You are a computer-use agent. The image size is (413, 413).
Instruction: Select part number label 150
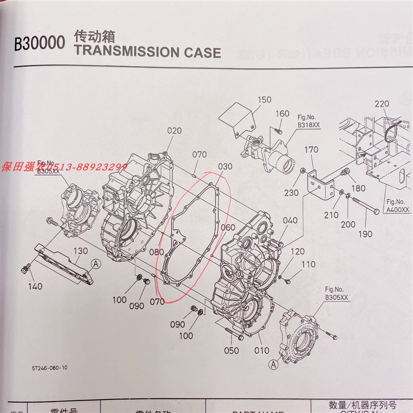[x=264, y=100]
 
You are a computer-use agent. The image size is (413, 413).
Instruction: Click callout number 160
[x=282, y=114]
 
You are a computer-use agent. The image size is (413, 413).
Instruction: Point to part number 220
[x=382, y=104]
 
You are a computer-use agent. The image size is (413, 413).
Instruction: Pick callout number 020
[x=174, y=131]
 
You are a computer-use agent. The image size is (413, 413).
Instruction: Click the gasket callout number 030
[x=225, y=167]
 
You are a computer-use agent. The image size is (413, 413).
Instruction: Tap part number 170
[x=311, y=150]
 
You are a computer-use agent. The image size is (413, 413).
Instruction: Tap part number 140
[x=35, y=287]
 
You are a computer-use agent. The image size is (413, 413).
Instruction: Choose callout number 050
[x=232, y=351]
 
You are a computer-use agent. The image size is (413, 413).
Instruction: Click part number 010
[x=261, y=351]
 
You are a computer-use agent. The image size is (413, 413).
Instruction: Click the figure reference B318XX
[x=309, y=124]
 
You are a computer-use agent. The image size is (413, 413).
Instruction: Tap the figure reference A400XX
[x=398, y=210]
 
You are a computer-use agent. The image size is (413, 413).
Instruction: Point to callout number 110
[x=308, y=264]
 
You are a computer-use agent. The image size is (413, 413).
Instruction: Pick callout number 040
[x=290, y=220]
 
